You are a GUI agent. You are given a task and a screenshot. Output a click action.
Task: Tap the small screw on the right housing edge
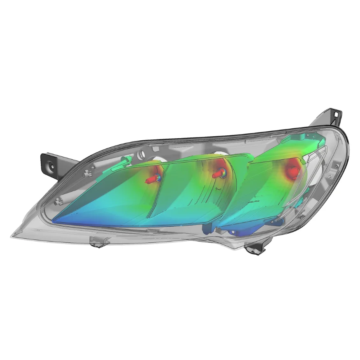(337, 167)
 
